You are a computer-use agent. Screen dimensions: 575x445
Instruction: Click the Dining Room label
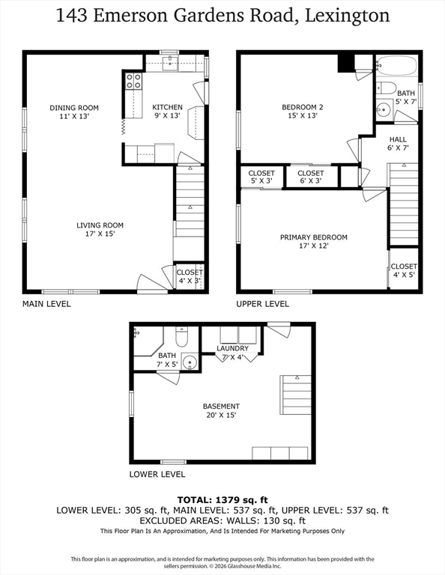coord(74,112)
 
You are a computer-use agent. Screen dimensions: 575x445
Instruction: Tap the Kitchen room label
coord(167,112)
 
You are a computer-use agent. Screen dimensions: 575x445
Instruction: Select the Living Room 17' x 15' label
coord(100,229)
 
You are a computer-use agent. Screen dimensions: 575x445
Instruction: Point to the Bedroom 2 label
coord(302,112)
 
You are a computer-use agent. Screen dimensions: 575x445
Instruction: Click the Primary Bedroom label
coord(313,241)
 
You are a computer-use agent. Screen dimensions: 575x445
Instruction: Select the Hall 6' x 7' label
coord(398,144)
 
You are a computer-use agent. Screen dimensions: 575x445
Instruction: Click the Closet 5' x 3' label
coord(261,177)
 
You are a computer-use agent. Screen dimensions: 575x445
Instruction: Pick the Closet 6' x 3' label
coord(310,177)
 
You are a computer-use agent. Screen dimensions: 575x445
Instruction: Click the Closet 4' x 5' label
coord(403,270)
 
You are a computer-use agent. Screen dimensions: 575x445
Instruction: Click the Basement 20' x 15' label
coord(221,410)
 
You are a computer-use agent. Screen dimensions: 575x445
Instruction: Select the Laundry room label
coord(232,353)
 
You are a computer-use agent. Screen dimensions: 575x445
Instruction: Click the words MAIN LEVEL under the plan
coord(46,304)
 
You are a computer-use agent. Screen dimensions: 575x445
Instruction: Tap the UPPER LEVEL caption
coord(262,304)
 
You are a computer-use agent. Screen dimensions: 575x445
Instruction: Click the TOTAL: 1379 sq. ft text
coord(222,499)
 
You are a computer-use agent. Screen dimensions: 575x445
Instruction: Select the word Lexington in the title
coord(346,16)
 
